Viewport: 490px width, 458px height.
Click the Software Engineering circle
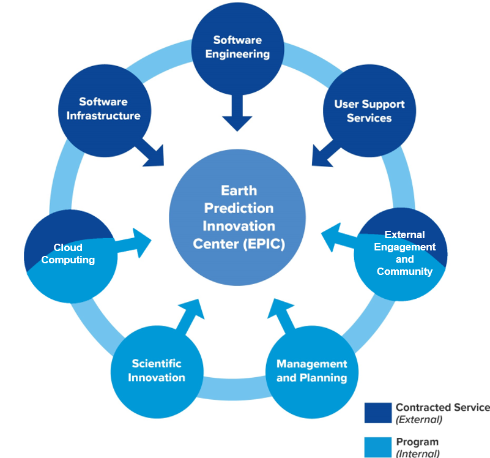click(x=237, y=48)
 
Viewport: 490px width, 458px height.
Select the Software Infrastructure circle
click(x=102, y=108)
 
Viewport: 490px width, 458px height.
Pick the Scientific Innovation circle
click(x=156, y=370)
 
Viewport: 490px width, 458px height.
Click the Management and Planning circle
click(x=311, y=370)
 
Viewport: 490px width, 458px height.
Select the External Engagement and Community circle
click(x=401, y=253)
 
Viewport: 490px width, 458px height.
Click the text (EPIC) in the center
click(x=264, y=243)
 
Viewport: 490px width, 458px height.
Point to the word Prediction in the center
click(x=239, y=208)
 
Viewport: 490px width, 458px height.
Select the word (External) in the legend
click(x=419, y=419)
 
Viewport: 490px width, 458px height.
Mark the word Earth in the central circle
click(x=239, y=190)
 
